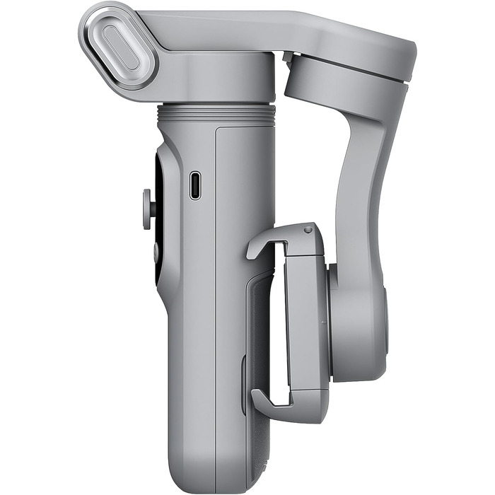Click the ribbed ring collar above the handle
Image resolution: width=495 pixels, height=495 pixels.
(216, 112)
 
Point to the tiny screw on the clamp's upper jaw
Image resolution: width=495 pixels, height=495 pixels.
(308, 230)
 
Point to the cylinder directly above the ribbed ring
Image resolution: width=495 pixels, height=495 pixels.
(216, 85)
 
